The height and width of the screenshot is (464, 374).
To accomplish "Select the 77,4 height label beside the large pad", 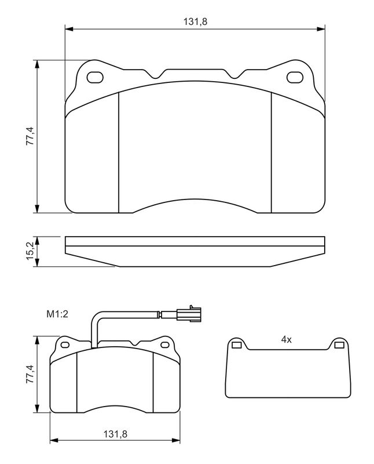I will [x=30, y=137].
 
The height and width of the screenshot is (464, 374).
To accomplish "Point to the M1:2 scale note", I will [x=58, y=314].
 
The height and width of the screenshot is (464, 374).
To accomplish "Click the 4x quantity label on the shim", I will [x=285, y=340].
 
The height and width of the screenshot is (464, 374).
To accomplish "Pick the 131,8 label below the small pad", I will [x=115, y=434].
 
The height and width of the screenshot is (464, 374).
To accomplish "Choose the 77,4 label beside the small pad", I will [x=30, y=374].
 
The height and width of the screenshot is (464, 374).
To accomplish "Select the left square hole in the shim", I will [x=236, y=346].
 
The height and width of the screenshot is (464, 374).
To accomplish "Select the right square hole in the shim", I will [x=339, y=346].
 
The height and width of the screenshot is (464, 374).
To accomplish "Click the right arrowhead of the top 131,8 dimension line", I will [x=321, y=28].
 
